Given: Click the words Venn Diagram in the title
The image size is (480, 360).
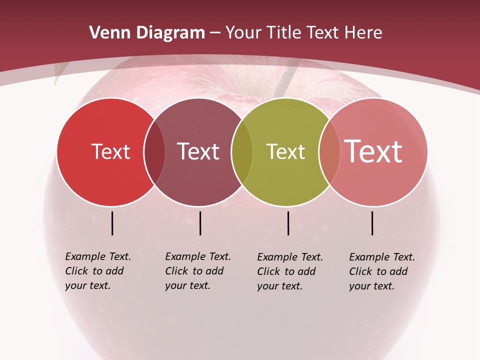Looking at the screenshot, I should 147,33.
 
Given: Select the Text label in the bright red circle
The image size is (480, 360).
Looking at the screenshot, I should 110,152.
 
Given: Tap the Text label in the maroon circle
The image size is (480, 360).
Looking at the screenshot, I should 198,152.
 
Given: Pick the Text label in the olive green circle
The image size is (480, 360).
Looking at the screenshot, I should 285,152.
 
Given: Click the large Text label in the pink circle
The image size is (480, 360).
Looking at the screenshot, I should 373,151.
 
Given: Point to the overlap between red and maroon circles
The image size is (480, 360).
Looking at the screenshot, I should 154,152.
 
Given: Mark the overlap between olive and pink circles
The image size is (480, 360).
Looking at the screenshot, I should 329,152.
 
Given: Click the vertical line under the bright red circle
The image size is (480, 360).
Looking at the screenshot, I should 112,223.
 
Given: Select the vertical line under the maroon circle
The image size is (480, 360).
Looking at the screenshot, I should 200,223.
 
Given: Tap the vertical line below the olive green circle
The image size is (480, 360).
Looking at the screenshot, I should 288,223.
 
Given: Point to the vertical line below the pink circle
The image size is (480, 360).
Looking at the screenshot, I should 372,223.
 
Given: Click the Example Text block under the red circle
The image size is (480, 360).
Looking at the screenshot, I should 98,271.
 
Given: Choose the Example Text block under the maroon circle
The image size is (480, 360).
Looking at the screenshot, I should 198,271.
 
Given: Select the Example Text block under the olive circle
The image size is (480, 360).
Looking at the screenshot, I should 290,271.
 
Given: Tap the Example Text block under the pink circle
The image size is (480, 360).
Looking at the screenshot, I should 382,271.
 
